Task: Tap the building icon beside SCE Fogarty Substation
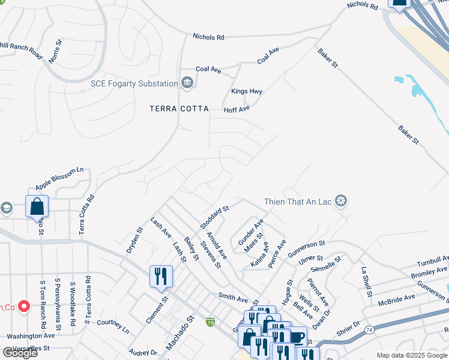click(x=187, y=82)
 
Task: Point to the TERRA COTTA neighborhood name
click(x=179, y=109)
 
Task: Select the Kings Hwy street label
click(x=247, y=92)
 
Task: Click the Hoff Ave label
click(x=236, y=110)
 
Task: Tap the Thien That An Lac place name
click(x=298, y=201)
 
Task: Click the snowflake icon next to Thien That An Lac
click(x=341, y=200)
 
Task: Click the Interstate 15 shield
click(x=210, y=322)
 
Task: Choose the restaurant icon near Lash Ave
click(x=161, y=276)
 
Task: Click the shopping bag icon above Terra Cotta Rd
click(x=37, y=206)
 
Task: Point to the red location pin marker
click(x=24, y=306)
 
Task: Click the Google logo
click(x=19, y=352)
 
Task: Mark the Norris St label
click(x=55, y=52)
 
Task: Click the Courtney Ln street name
click(x=113, y=326)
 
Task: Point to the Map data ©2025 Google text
click(x=411, y=355)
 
